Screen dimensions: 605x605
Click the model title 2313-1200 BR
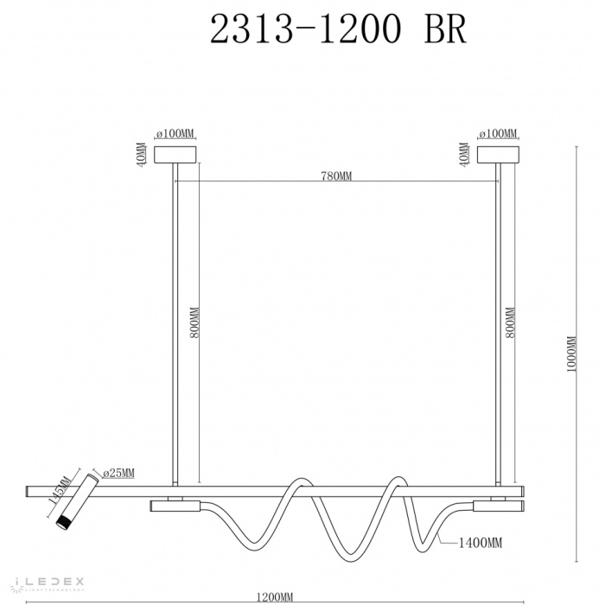(338, 31)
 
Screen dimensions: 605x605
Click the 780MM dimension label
(336, 176)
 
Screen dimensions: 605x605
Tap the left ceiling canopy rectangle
(175, 155)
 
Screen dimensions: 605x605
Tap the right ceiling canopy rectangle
(499, 155)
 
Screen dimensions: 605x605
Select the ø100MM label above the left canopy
(175, 134)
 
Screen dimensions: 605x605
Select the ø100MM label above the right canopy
(498, 134)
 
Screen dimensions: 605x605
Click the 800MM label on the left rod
(194, 323)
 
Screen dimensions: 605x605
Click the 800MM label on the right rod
(513, 323)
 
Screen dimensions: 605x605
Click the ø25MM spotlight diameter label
(118, 474)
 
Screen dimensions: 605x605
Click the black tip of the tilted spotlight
(63, 523)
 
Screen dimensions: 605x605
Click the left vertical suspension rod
(175, 328)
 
